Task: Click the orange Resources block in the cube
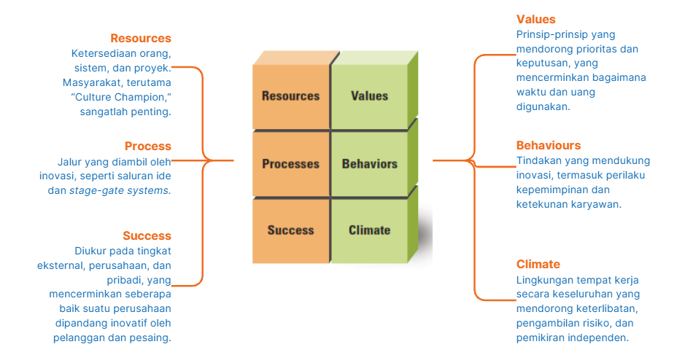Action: (291, 96)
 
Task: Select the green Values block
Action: (369, 96)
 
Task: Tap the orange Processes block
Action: (291, 164)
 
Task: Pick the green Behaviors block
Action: (369, 164)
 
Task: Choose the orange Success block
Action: (291, 230)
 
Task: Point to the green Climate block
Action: (369, 230)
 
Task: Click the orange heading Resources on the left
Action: (141, 39)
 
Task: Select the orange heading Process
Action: (147, 147)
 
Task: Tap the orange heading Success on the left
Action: (147, 236)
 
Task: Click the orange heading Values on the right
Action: (536, 20)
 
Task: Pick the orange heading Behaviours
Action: (549, 146)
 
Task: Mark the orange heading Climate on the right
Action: (538, 265)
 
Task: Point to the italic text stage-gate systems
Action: (119, 191)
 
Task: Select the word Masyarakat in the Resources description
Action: (90, 83)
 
